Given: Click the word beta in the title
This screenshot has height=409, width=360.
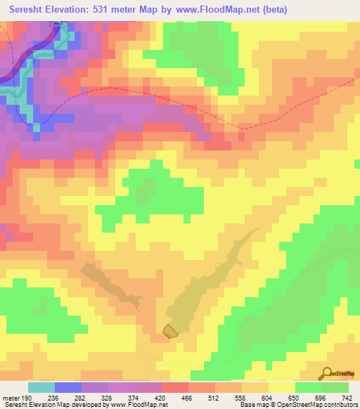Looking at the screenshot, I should click(x=269, y=9).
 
